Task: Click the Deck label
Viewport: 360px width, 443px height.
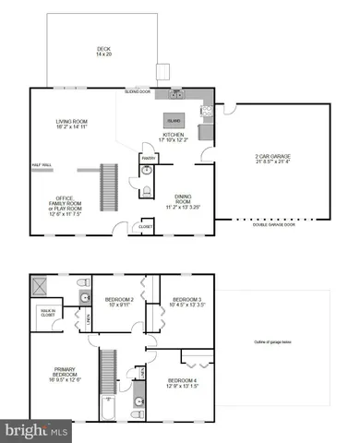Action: point(102,52)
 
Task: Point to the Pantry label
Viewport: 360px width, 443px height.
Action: point(147,158)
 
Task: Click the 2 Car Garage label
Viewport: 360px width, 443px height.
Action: point(273,159)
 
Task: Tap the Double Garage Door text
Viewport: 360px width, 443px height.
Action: point(274,224)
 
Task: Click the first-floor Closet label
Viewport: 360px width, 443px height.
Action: point(146,225)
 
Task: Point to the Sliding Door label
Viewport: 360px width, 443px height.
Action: point(138,92)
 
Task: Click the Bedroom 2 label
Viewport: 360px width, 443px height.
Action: point(120,302)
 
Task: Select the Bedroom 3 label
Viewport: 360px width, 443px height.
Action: point(187,302)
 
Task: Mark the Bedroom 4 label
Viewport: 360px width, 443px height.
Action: point(182,383)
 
